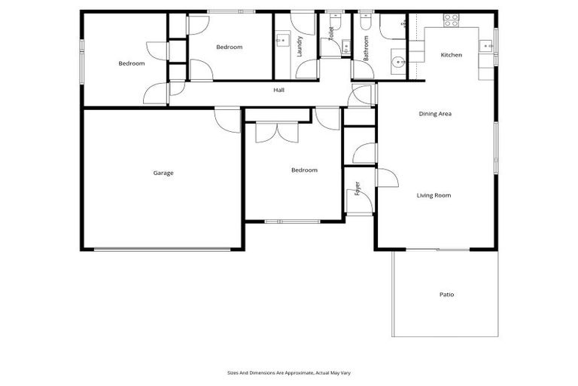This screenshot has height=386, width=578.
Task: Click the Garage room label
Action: (163, 173)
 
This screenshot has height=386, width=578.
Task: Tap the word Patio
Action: (446, 294)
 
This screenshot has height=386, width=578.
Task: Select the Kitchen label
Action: (451, 55)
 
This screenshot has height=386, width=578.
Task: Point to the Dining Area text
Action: (434, 114)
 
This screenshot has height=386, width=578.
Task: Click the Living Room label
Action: (433, 195)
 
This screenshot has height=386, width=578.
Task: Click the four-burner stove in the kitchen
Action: (451, 20)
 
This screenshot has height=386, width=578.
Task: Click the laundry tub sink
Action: (282, 40)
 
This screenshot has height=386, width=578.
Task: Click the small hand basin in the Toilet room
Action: (345, 45)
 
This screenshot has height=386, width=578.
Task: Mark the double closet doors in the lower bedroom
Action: (278, 132)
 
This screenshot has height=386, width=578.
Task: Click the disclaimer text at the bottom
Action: (288, 372)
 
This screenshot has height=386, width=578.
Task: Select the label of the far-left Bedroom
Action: (131, 63)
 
